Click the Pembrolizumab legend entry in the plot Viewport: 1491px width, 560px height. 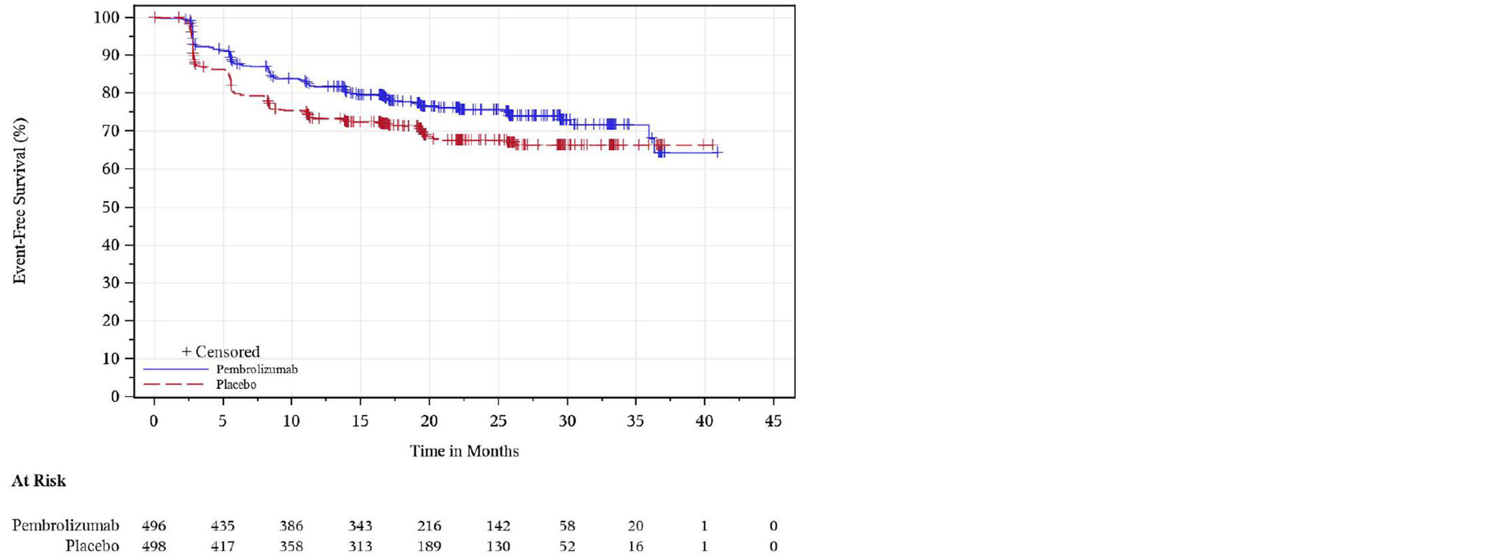[256, 369]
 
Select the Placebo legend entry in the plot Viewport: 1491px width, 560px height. [236, 384]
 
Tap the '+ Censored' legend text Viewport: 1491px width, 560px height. [220, 351]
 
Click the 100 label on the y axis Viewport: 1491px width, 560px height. [105, 17]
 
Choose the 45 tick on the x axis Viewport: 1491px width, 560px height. [773, 421]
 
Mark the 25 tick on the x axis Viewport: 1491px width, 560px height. [498, 421]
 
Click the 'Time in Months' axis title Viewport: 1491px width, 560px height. [464, 451]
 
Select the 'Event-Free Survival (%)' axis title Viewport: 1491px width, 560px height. [20, 201]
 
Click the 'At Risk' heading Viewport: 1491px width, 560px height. [38, 481]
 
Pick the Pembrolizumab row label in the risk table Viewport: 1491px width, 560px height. [65, 525]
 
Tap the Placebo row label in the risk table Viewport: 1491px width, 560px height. [92, 546]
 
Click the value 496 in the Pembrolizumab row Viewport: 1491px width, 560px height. [154, 526]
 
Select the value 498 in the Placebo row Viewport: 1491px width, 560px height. [154, 546]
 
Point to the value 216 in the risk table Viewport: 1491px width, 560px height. [429, 526]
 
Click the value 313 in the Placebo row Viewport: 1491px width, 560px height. [360, 546]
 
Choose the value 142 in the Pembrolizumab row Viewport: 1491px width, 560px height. [498, 526]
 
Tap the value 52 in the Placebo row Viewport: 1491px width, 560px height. [567, 546]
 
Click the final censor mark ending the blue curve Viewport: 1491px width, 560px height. [717, 153]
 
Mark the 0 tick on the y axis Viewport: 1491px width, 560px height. [115, 396]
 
